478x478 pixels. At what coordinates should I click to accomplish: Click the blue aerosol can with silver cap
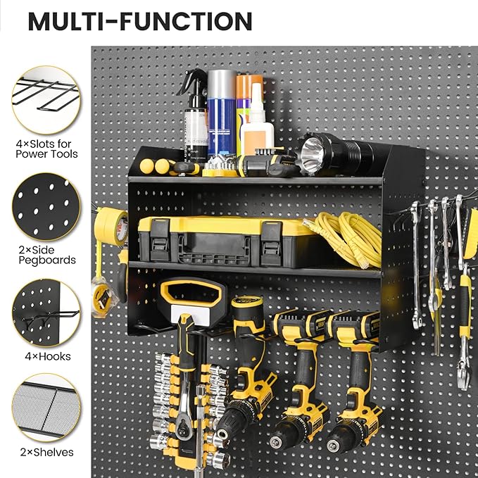pyautogui.click(x=221, y=113)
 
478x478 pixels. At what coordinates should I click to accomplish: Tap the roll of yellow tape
pyautogui.click(x=111, y=226)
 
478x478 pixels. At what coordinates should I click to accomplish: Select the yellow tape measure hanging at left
pyautogui.click(x=103, y=291)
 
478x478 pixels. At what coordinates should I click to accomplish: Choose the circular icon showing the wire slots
pyautogui.click(x=46, y=99)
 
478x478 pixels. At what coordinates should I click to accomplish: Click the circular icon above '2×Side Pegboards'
pyautogui.click(x=46, y=206)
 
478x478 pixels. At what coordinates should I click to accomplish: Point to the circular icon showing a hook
pyautogui.click(x=46, y=313)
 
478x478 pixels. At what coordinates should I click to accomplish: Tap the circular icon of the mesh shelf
pyautogui.click(x=46, y=408)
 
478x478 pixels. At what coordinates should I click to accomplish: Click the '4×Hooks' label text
pyautogui.click(x=46, y=357)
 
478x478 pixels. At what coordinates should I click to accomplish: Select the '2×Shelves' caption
pyautogui.click(x=46, y=452)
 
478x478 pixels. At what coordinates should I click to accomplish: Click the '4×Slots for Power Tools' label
pyautogui.click(x=46, y=149)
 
